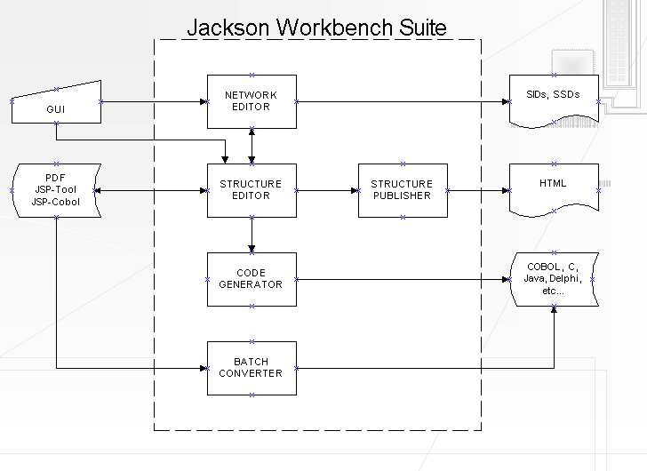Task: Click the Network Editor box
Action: tap(252, 101)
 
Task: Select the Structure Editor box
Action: tap(252, 190)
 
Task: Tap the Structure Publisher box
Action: tap(403, 190)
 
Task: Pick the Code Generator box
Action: tap(252, 279)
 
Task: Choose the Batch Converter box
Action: tap(252, 368)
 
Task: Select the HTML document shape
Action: tap(554, 188)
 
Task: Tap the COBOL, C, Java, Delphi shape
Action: tap(554, 278)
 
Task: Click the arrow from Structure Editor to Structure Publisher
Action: tap(327, 190)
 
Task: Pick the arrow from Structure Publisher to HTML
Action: tap(478, 190)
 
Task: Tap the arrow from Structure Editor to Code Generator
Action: tap(252, 235)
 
